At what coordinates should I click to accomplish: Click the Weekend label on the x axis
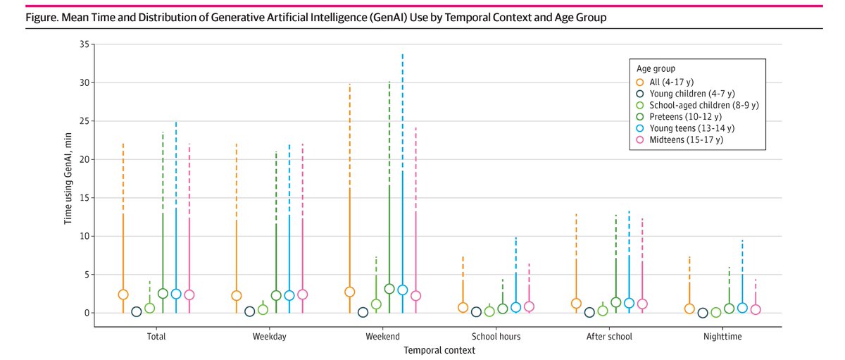click(383, 337)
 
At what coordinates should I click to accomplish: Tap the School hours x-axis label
click(496, 337)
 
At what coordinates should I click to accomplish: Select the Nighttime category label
click(722, 337)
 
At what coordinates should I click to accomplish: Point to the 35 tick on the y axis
click(84, 44)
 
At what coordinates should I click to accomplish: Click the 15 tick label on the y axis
click(84, 198)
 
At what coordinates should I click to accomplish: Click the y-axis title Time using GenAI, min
click(68, 178)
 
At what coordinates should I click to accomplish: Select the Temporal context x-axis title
click(439, 350)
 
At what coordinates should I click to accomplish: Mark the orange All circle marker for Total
click(123, 294)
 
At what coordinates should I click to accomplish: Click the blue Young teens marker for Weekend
click(403, 290)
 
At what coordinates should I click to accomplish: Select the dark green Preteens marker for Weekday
click(276, 296)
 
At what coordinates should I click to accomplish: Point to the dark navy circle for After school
click(589, 312)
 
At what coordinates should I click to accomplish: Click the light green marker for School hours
click(489, 311)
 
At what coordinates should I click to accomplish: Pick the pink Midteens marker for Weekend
click(415, 296)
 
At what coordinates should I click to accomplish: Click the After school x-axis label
click(610, 337)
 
